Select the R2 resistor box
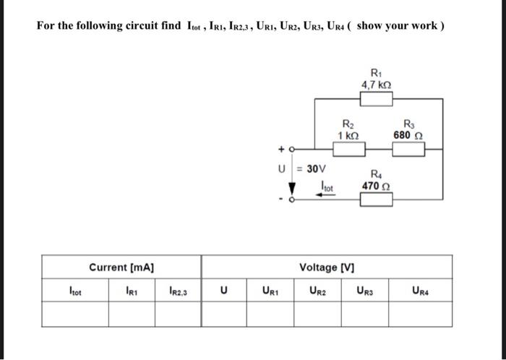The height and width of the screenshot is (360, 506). coord(348,149)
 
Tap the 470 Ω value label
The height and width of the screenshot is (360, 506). coord(377,186)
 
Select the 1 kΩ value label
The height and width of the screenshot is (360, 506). coord(348,135)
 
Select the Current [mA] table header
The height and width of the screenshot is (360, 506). coord(121,267)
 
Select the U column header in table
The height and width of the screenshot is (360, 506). coord(224,291)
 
